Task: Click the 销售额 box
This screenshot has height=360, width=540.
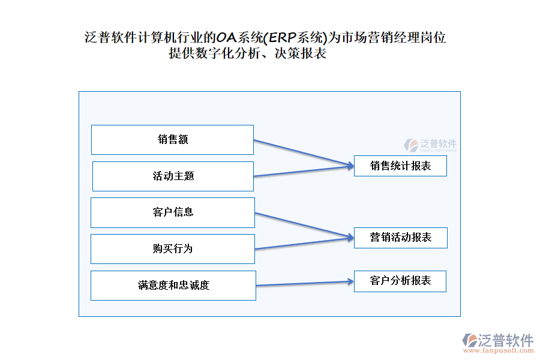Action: pyautogui.click(x=172, y=140)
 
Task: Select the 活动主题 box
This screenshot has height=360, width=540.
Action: pyautogui.click(x=173, y=176)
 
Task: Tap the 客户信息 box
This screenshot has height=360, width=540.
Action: pyautogui.click(x=173, y=212)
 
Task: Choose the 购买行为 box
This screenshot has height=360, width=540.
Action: pyautogui.click(x=173, y=249)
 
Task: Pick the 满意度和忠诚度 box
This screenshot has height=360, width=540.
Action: pyautogui.click(x=173, y=286)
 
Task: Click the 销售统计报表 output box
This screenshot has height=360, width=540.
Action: pyautogui.click(x=400, y=166)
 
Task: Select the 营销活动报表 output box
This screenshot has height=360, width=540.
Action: pyautogui.click(x=400, y=238)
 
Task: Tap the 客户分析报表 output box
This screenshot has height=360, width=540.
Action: pyautogui.click(x=400, y=281)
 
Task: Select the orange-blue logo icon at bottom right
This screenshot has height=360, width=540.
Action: pyautogui.click(x=469, y=340)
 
